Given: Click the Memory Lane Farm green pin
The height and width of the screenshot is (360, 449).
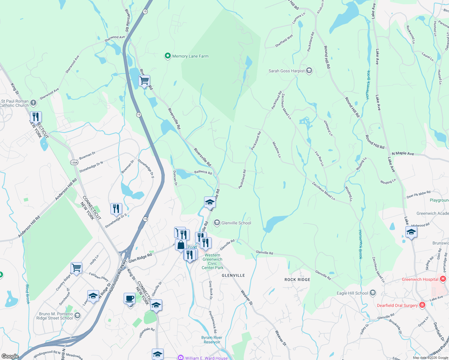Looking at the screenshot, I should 167,56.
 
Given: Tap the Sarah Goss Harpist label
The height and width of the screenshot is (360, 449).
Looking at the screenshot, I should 286,71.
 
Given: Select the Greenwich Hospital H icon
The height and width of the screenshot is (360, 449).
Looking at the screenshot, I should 443,279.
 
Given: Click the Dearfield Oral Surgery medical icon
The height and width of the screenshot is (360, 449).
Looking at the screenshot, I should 422,305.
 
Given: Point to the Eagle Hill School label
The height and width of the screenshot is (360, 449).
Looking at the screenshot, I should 352,293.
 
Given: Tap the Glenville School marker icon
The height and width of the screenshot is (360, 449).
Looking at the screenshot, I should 217,223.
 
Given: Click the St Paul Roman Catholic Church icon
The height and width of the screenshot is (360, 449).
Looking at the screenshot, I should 33,103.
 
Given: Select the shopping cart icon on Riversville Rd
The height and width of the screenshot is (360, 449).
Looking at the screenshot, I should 144,81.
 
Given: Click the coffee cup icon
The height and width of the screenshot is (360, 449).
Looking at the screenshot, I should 129,299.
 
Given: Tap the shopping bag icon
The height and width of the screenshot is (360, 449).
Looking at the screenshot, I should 181,245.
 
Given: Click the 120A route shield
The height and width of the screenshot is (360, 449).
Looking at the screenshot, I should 74,163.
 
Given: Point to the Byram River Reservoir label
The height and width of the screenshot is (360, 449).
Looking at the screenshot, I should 212,340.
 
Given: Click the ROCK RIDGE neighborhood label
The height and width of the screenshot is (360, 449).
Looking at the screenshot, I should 297,280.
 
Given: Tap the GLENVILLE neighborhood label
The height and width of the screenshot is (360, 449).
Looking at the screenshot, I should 233,275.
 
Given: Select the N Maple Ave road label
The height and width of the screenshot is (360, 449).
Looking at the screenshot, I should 403,153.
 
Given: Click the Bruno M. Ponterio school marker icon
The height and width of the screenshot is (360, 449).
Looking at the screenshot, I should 77,315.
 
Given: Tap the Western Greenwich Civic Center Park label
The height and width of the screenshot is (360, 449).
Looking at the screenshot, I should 212,261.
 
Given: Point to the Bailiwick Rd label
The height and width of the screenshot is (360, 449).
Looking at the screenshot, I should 203,172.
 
